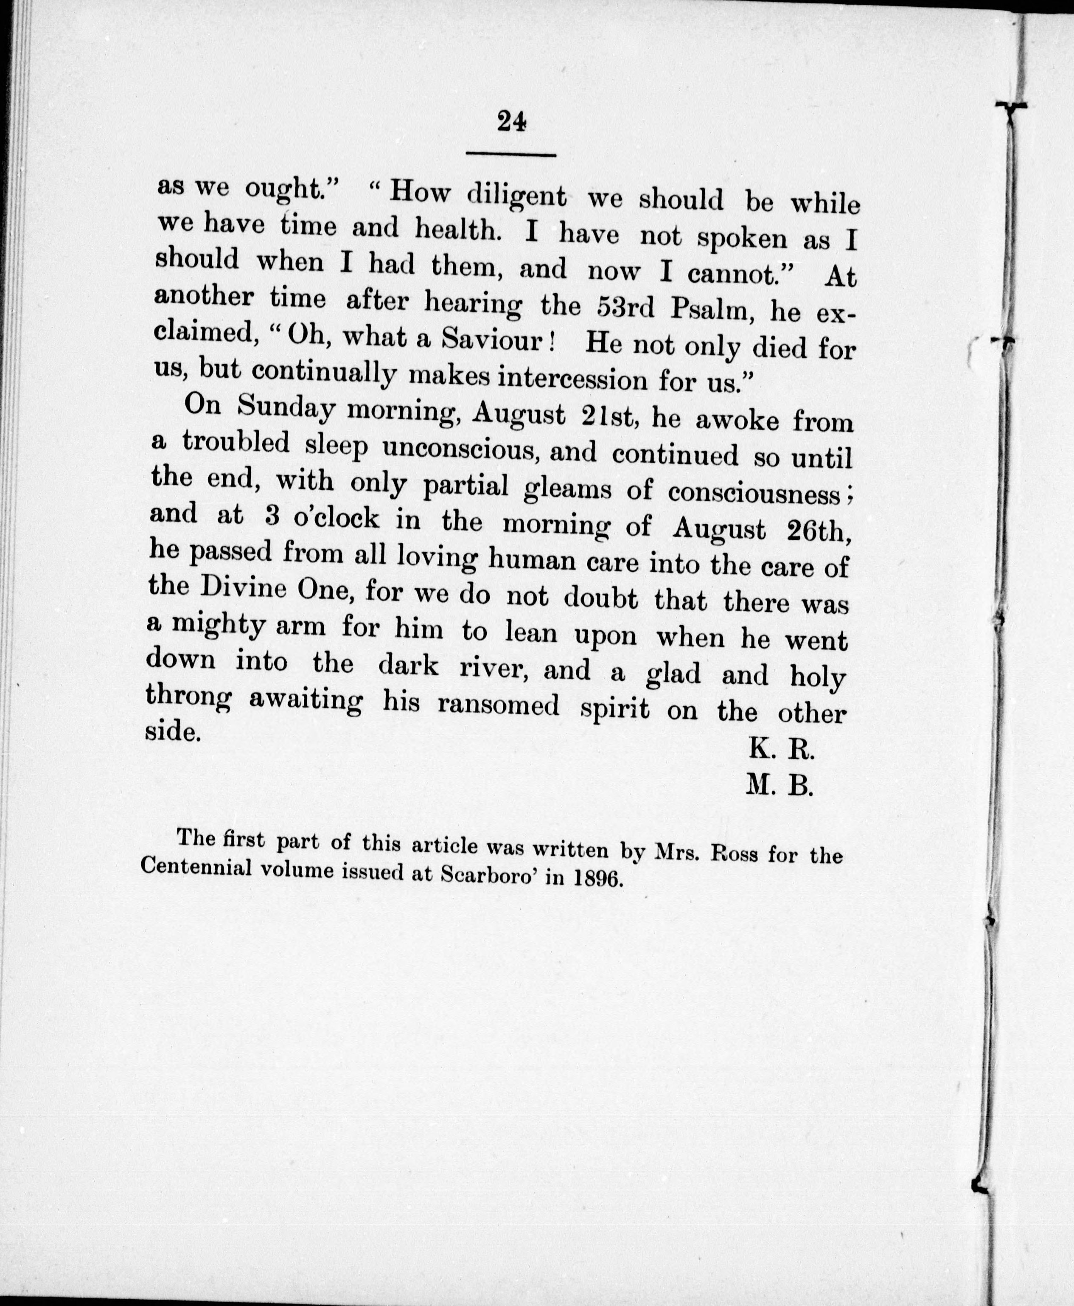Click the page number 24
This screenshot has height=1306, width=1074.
pos(511,121)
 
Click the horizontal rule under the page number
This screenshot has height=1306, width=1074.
pos(511,154)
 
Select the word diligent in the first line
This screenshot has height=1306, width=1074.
pos(516,196)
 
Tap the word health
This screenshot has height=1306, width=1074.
pos(457,230)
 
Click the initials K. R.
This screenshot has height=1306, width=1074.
pos(781,750)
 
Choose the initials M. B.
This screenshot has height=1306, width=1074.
pos(779,786)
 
